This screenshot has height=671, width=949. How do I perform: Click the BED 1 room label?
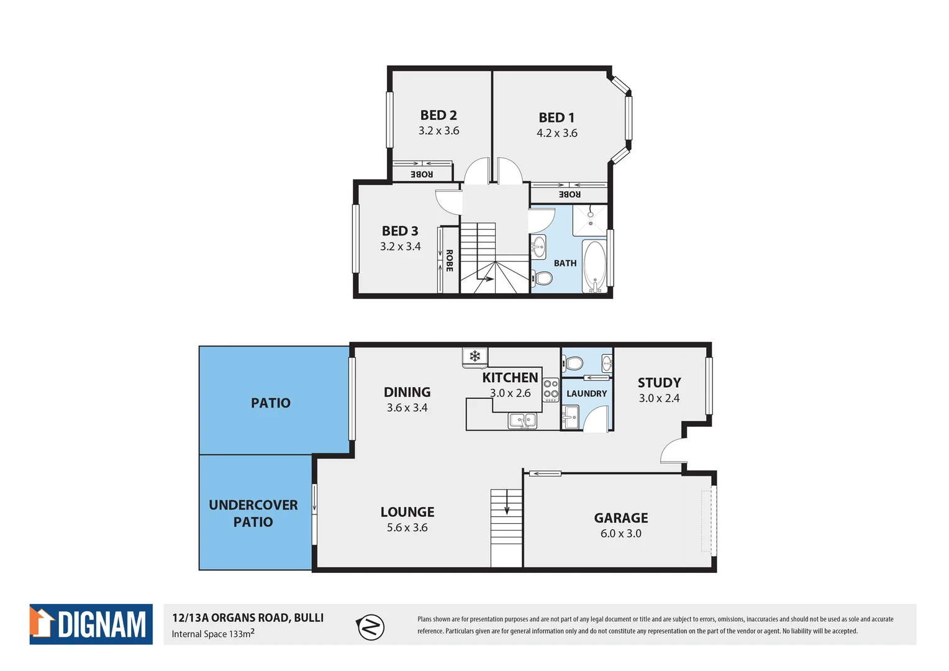pyautogui.click(x=556, y=117)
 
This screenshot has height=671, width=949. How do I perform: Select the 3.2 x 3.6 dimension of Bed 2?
pyautogui.click(x=438, y=131)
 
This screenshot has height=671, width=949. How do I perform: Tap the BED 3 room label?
pyautogui.click(x=400, y=231)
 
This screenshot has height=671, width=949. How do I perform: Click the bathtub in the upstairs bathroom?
pyautogui.click(x=594, y=266)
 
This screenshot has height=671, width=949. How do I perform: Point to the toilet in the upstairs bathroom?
pyautogui.click(x=542, y=278)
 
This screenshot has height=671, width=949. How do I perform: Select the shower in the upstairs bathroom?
pyautogui.click(x=590, y=219)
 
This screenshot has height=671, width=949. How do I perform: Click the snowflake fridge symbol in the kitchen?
pyautogui.click(x=475, y=356)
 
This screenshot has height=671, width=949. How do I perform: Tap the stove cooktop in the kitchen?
pyautogui.click(x=551, y=389)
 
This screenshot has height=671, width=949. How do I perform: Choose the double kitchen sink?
pyautogui.click(x=522, y=421)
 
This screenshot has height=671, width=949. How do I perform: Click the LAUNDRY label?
pyautogui.click(x=586, y=394)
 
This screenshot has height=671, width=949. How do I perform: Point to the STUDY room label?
pyautogui.click(x=659, y=383)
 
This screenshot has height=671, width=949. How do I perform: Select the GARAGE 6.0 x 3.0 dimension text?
pyautogui.click(x=620, y=534)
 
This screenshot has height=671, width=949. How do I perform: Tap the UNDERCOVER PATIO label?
pyautogui.click(x=253, y=513)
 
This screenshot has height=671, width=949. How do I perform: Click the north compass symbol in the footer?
pyautogui.click(x=371, y=627)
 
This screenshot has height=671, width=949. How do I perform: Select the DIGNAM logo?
pyautogui.click(x=91, y=624)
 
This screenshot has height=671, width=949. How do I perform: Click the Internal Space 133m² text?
pyautogui.click(x=213, y=634)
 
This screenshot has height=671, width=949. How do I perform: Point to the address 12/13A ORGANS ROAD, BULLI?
pyautogui.click(x=248, y=618)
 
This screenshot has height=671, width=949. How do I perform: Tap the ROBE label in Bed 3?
pyautogui.click(x=449, y=260)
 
